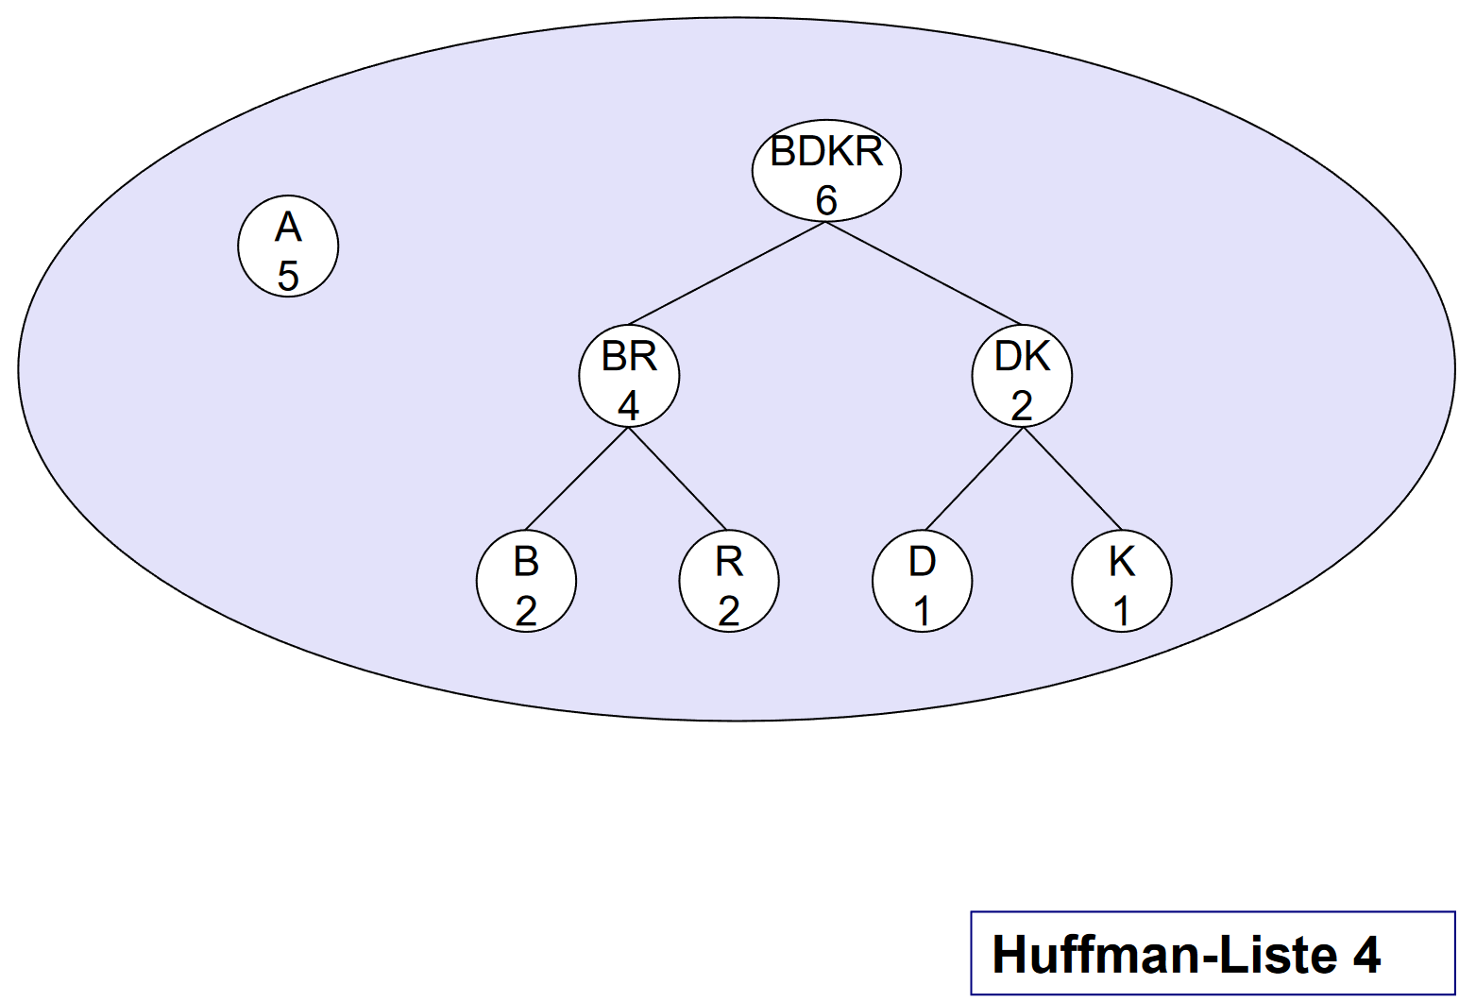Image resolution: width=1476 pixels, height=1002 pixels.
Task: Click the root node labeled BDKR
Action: click(826, 171)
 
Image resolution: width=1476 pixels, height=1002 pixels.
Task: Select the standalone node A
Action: click(288, 246)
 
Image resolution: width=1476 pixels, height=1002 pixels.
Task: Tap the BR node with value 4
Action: click(629, 376)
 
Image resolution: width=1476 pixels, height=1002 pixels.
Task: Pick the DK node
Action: click(1022, 376)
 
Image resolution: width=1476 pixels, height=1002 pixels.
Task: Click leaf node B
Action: click(526, 581)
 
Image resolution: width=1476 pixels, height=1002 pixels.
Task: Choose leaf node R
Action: click(728, 581)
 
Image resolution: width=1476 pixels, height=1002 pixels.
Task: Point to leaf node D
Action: click(922, 581)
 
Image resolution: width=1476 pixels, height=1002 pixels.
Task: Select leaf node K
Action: click(1122, 581)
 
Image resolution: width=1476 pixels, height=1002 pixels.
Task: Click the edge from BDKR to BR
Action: click(727, 273)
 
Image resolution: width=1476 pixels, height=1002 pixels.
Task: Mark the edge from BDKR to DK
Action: click(924, 273)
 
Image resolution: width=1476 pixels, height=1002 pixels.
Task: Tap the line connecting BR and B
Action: click(576, 479)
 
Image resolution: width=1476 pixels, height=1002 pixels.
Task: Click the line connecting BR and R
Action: click(678, 479)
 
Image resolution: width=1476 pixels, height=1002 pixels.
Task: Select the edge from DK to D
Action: click(973, 479)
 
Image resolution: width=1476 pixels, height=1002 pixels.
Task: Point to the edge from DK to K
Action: click(1073, 479)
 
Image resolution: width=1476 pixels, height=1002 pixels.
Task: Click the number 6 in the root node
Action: click(826, 200)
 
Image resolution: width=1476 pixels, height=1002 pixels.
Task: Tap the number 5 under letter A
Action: click(288, 276)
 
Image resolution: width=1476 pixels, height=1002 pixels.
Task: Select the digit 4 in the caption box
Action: click(1366, 955)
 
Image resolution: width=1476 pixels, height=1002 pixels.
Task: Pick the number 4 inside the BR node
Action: click(629, 406)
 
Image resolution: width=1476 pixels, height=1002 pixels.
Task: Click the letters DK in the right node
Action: click(1022, 357)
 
